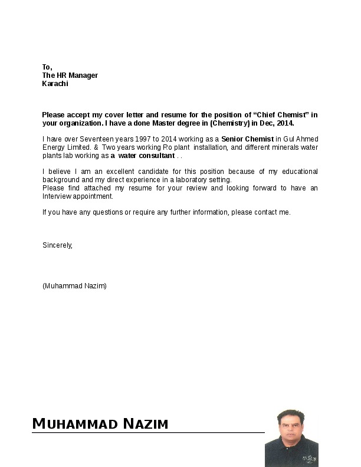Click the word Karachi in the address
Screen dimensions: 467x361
(x=55, y=84)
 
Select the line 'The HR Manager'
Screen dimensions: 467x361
(x=70, y=75)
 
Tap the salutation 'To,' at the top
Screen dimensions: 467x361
(x=47, y=67)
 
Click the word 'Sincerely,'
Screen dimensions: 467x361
(x=57, y=245)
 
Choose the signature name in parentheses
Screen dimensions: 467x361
(x=74, y=285)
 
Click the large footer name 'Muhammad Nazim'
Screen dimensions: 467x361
(x=100, y=423)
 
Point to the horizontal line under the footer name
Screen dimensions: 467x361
(x=147, y=433)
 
